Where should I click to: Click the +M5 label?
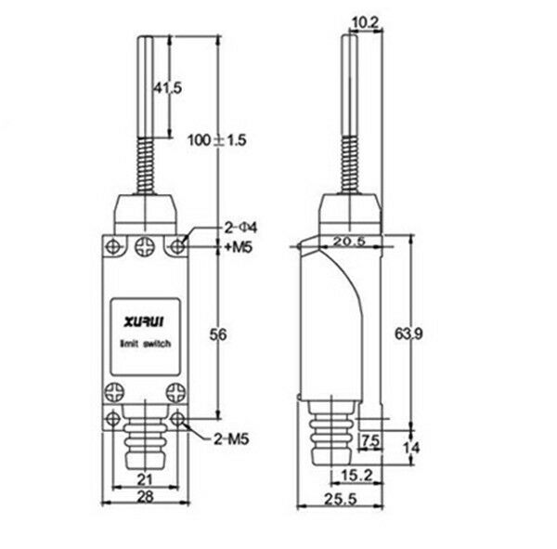(x=238, y=248)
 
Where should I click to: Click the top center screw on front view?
(x=144, y=246)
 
